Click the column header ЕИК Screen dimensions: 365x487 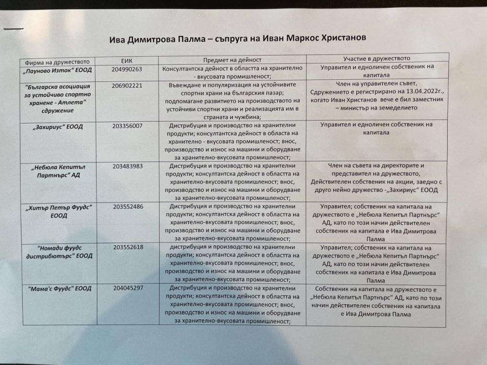pyautogui.click(x=126, y=61)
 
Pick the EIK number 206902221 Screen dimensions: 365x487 pyautogui.click(x=128, y=86)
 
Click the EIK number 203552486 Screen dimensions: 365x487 pyautogui.click(x=128, y=207)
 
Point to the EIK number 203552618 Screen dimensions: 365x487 pyautogui.click(x=128, y=248)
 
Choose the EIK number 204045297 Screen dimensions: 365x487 pyautogui.click(x=128, y=288)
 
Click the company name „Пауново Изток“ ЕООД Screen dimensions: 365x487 pyautogui.click(x=58, y=70)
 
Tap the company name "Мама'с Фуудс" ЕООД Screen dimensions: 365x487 pyautogui.click(x=59, y=288)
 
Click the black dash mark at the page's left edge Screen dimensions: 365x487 pyautogui.click(x=13, y=29)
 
